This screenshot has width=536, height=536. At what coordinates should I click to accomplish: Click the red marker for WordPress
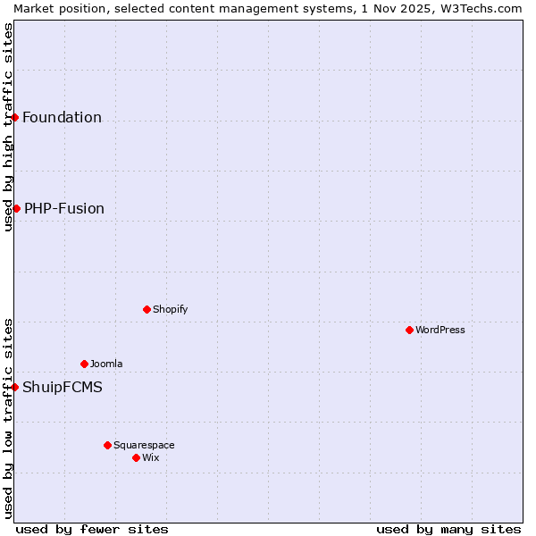[409, 330]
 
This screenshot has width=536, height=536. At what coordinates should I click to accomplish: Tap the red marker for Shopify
[147, 309]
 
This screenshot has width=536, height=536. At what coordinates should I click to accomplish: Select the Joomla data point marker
[84, 364]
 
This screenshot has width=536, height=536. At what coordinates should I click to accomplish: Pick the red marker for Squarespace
[107, 445]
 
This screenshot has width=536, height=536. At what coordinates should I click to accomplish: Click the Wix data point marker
[136, 457]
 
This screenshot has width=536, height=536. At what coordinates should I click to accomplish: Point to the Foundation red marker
[15, 117]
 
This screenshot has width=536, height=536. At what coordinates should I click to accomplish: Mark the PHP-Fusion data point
[16, 208]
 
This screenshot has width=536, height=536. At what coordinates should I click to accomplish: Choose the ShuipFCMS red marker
[15, 387]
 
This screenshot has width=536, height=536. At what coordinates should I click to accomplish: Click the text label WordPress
[440, 330]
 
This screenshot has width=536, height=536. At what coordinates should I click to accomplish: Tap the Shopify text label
[170, 309]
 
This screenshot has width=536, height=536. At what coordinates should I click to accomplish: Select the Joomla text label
[106, 364]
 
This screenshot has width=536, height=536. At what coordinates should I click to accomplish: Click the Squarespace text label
[144, 445]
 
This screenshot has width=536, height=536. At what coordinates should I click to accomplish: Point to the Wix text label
[151, 457]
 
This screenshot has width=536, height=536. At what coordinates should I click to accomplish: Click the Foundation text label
[62, 117]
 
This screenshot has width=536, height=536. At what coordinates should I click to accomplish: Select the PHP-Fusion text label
[64, 208]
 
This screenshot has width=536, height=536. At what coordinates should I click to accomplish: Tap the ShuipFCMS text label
[63, 387]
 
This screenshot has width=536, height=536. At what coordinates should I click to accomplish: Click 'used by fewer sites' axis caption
[92, 529]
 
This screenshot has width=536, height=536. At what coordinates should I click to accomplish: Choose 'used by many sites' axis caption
[448, 529]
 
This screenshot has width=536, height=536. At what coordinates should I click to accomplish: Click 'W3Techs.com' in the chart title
[482, 8]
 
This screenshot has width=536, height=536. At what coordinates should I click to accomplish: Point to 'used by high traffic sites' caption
[8, 127]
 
